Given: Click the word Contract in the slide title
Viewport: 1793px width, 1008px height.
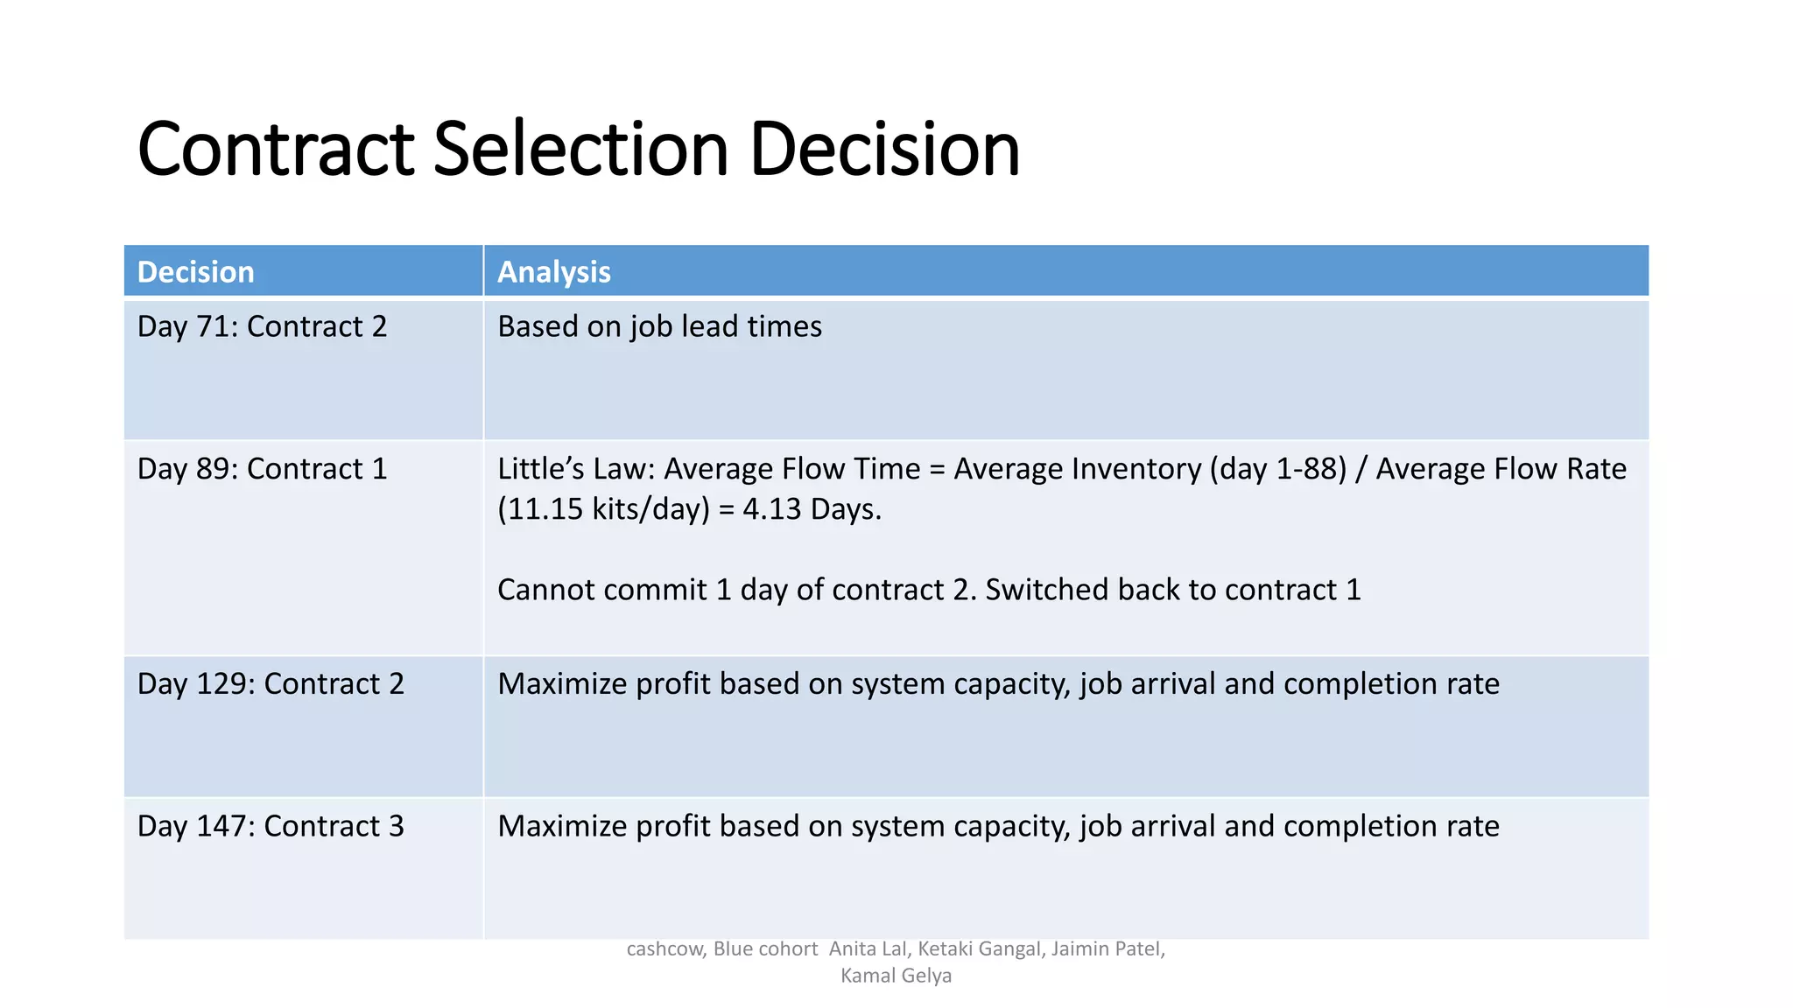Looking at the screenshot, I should [275, 150].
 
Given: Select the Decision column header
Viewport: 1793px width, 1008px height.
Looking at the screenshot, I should [195, 272].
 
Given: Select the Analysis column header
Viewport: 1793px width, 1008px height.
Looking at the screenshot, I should [553, 272].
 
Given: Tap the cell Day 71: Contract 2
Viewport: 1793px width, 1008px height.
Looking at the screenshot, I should [262, 326].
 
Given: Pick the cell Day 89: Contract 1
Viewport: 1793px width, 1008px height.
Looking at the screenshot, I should [262, 469].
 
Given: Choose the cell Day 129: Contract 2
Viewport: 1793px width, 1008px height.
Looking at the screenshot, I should [271, 683].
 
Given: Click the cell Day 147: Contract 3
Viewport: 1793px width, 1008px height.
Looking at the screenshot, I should [271, 826].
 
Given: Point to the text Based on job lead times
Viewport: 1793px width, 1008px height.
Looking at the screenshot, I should [659, 326].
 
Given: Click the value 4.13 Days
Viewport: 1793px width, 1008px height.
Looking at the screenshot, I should [812, 509].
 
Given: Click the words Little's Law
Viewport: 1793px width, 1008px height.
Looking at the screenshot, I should [575, 469].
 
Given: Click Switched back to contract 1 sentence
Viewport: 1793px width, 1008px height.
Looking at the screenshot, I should [1173, 590].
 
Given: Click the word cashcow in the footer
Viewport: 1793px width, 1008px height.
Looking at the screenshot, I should [664, 949].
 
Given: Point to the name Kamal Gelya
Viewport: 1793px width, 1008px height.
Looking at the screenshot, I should [896, 976].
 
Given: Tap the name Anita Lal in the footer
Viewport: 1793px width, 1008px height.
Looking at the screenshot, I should [868, 949].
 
